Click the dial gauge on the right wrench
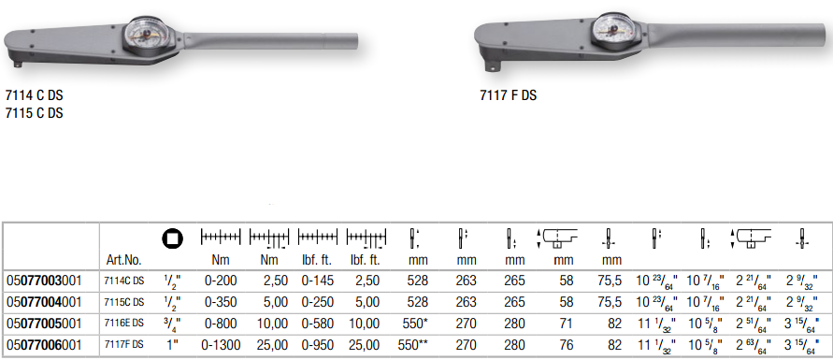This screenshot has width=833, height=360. (x=613, y=31)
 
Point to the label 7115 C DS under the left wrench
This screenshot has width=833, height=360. (x=34, y=113)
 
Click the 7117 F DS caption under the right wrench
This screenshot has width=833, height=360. (x=508, y=95)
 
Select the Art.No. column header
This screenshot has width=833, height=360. (x=124, y=260)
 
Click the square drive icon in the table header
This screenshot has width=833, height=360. (x=172, y=239)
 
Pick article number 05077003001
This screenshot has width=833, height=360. (x=44, y=281)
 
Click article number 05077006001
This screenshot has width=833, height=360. (x=44, y=345)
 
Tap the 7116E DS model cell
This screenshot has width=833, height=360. (x=123, y=324)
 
